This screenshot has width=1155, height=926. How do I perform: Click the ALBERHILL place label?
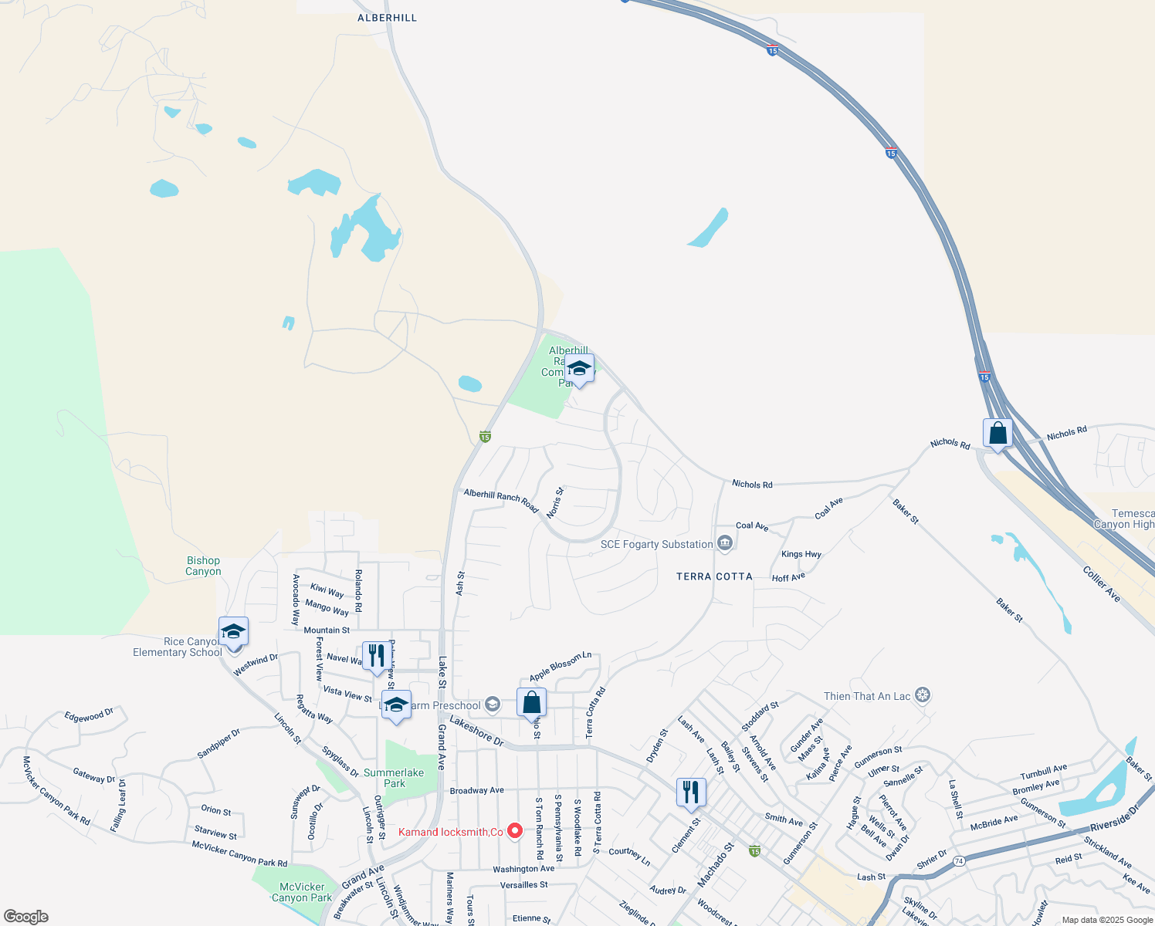click(x=387, y=18)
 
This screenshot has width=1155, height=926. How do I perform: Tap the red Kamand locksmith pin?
click(x=515, y=831)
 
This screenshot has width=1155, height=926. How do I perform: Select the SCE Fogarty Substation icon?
click(x=724, y=544)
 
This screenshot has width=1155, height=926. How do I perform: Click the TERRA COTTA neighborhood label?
click(x=714, y=576)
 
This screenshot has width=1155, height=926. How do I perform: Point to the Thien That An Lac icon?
click(x=922, y=695)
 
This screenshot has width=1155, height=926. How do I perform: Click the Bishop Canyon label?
click(x=203, y=566)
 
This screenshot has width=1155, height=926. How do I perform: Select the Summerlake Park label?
click(x=394, y=778)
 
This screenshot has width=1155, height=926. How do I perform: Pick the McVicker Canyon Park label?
click(x=302, y=892)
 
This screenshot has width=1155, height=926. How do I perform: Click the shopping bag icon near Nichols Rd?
click(x=997, y=434)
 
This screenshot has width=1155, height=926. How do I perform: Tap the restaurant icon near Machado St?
click(x=691, y=792)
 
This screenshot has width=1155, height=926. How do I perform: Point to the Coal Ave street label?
click(x=829, y=508)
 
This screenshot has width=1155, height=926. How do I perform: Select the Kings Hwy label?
click(x=801, y=554)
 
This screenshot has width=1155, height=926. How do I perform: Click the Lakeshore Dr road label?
click(x=476, y=731)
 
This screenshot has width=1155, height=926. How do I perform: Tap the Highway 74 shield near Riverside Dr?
click(x=958, y=860)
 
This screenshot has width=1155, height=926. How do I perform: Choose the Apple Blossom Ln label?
click(x=560, y=666)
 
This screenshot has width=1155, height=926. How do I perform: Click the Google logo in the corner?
click(x=25, y=916)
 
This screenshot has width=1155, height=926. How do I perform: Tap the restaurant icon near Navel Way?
click(x=375, y=657)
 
